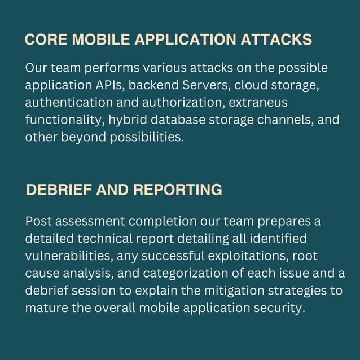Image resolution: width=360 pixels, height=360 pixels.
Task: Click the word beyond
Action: (x=78, y=137)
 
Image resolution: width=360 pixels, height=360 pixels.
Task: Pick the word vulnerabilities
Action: (x=68, y=256)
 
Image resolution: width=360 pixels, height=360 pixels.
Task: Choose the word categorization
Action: (x=186, y=273)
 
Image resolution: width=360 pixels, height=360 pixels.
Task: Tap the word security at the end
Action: (x=280, y=308)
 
